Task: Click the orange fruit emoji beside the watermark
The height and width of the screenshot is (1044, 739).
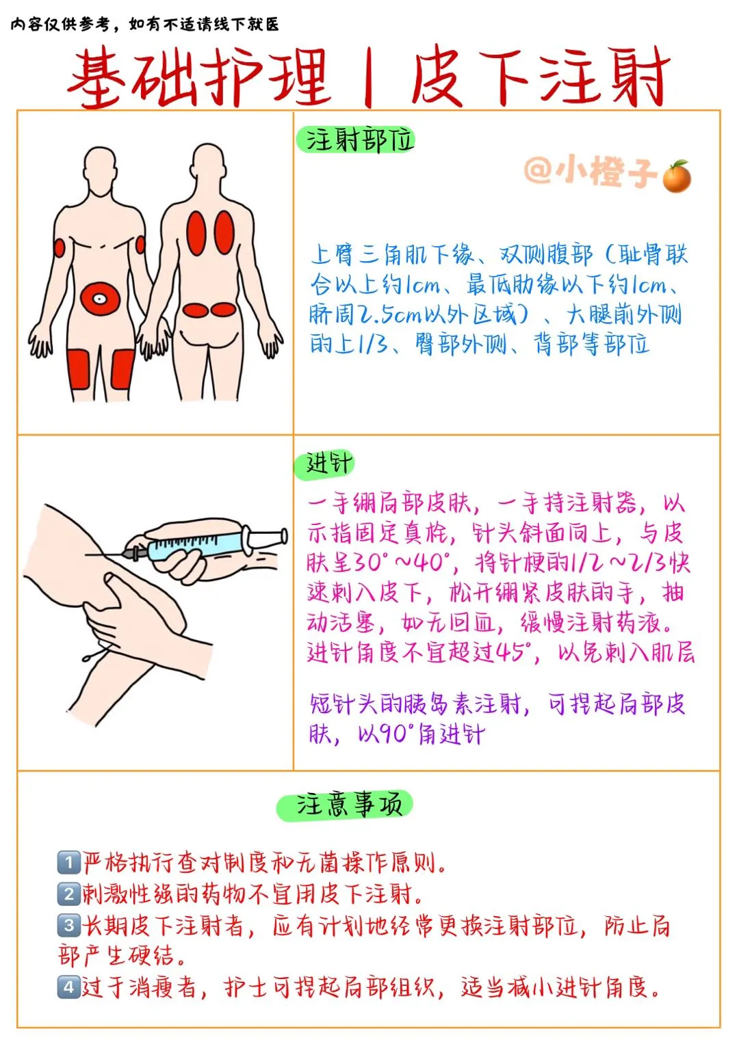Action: coord(677,176)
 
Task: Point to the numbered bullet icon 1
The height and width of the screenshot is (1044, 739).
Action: coord(68,862)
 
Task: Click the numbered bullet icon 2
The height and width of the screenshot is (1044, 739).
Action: coord(68,894)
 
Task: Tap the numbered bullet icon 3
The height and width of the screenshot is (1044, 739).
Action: coord(68,925)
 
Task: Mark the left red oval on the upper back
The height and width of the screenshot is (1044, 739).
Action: coord(196,233)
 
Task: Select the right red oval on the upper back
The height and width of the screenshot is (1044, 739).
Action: coord(224,232)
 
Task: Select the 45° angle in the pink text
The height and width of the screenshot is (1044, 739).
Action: coord(514,652)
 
